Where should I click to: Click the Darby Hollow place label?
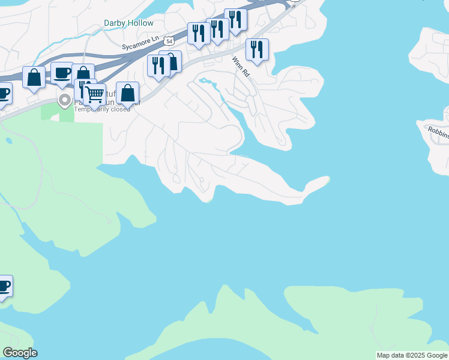coord(128,23)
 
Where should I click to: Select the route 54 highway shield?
coord(170,41)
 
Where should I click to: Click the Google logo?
coord(20,352)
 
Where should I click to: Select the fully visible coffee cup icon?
coord(62,73)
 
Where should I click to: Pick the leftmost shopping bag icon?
coord(34,77)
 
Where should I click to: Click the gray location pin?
coord(64,100)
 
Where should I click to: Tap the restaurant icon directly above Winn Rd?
coord(257,49)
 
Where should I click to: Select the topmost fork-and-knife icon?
coord(235,20)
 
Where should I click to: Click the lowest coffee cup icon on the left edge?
coord(4,286)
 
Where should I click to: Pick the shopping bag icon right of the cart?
coord(127,93)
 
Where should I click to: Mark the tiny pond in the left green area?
coord(9,141)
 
